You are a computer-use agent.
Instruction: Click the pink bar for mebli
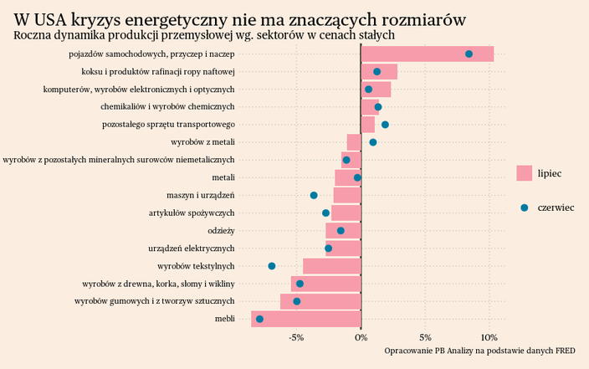coord(305,319)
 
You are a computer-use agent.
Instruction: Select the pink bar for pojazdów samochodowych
coord(427,54)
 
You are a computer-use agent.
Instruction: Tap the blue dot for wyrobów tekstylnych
coord(272,266)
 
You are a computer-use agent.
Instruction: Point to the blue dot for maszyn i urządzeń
coord(314,195)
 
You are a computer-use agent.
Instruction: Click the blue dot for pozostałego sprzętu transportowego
coord(385,125)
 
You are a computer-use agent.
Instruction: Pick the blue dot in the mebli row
coord(259,319)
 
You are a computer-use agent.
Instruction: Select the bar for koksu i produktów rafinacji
coord(379,72)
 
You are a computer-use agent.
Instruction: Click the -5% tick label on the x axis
coord(296,338)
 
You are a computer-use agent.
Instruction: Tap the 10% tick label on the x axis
coord(489,338)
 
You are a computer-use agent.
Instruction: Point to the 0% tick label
coord(361,338)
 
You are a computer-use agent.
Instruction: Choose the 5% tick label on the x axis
coord(425,338)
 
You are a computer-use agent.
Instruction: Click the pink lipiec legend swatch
coord(524,173)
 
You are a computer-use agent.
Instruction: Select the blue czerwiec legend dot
coord(524,208)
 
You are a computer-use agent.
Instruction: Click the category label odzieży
coord(221,231)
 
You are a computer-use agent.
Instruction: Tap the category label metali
coord(223,177)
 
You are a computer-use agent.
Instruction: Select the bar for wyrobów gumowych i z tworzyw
coord(320,301)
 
